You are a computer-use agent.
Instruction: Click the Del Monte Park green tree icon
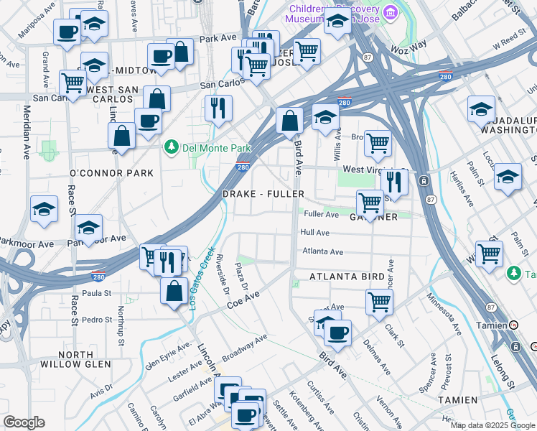171,148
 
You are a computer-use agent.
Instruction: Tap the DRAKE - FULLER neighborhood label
263,195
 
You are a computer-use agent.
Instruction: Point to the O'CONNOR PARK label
111,173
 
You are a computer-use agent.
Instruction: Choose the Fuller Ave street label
321,214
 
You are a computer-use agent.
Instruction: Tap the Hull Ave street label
315,233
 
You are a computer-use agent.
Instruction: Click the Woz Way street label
408,45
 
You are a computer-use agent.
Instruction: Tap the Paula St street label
97,293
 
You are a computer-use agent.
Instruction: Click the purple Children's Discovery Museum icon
391,12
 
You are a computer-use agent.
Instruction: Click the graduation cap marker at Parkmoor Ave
88,228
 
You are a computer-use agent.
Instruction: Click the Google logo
24,422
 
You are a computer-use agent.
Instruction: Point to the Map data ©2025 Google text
492,425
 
